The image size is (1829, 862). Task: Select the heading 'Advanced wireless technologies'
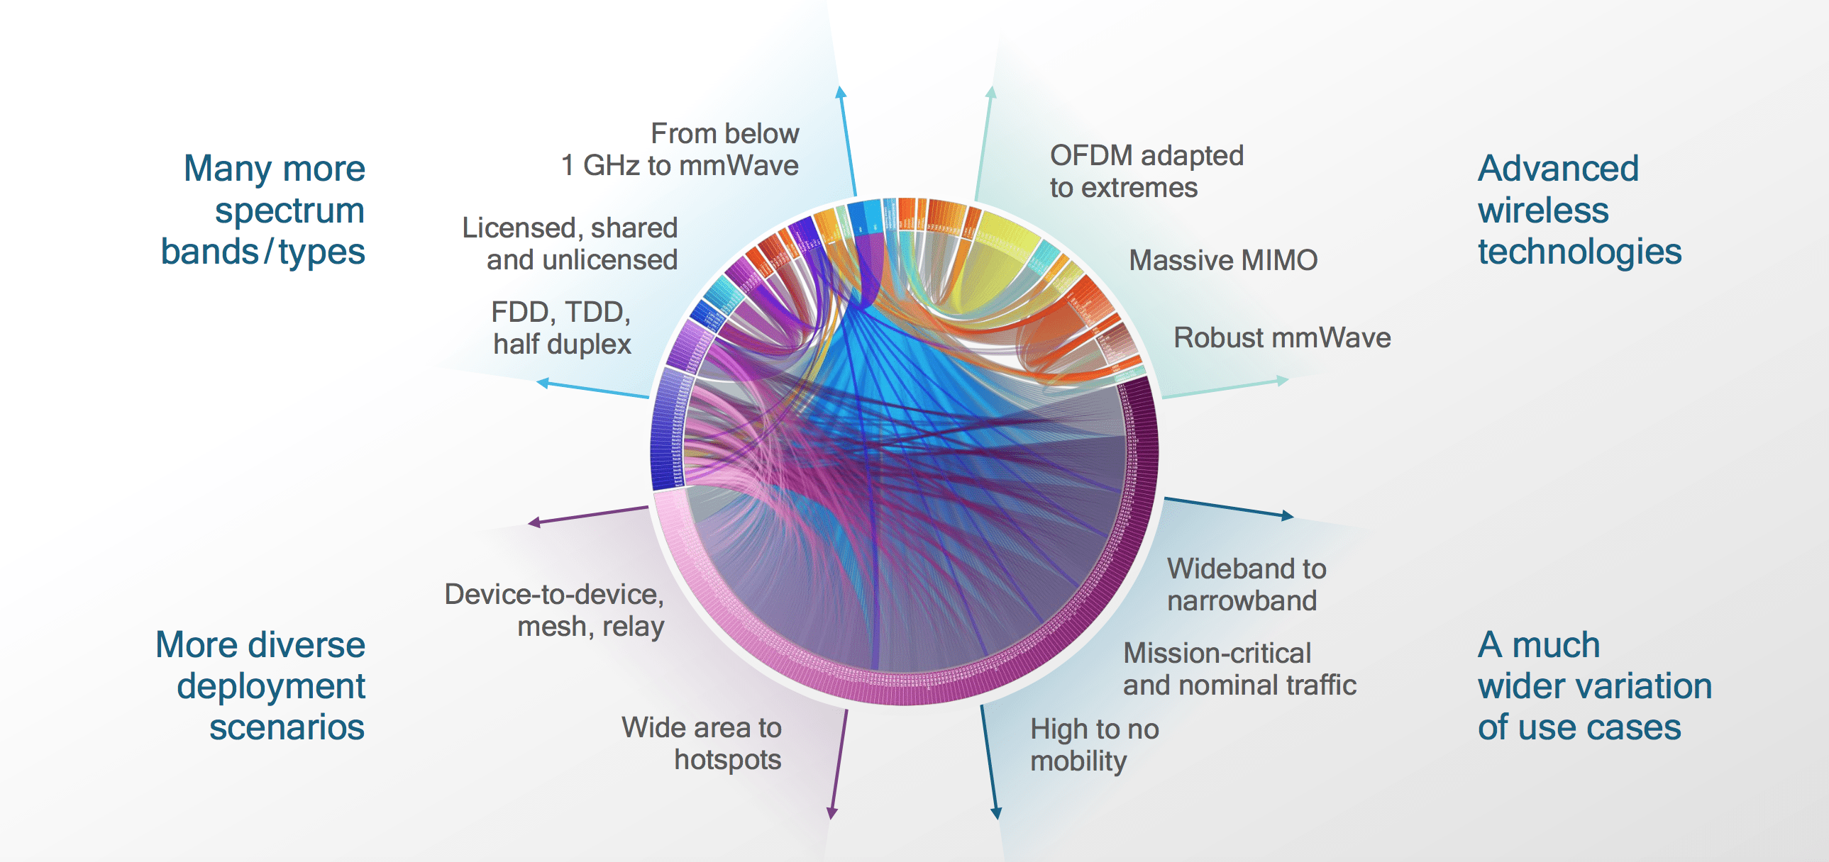1579,210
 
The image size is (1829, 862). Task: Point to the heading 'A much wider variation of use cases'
1594,685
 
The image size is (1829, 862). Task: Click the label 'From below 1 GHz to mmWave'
680,150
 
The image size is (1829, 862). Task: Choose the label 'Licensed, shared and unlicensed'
570,243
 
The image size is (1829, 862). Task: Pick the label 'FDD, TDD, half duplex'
561,328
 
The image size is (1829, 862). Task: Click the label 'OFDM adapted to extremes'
1146,171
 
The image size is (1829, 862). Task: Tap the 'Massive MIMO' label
1222,260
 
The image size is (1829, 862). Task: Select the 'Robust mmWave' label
1281,337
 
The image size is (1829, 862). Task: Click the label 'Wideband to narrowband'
1246,585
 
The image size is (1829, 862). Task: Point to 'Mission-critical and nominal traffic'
1239,669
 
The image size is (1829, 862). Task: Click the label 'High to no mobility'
1094,745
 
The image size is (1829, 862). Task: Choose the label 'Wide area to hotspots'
702,744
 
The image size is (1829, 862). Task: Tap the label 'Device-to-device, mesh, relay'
555,610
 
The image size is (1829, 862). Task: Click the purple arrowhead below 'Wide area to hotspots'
832,813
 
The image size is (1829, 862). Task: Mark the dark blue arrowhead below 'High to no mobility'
996,813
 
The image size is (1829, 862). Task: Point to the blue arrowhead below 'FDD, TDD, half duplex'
543,383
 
